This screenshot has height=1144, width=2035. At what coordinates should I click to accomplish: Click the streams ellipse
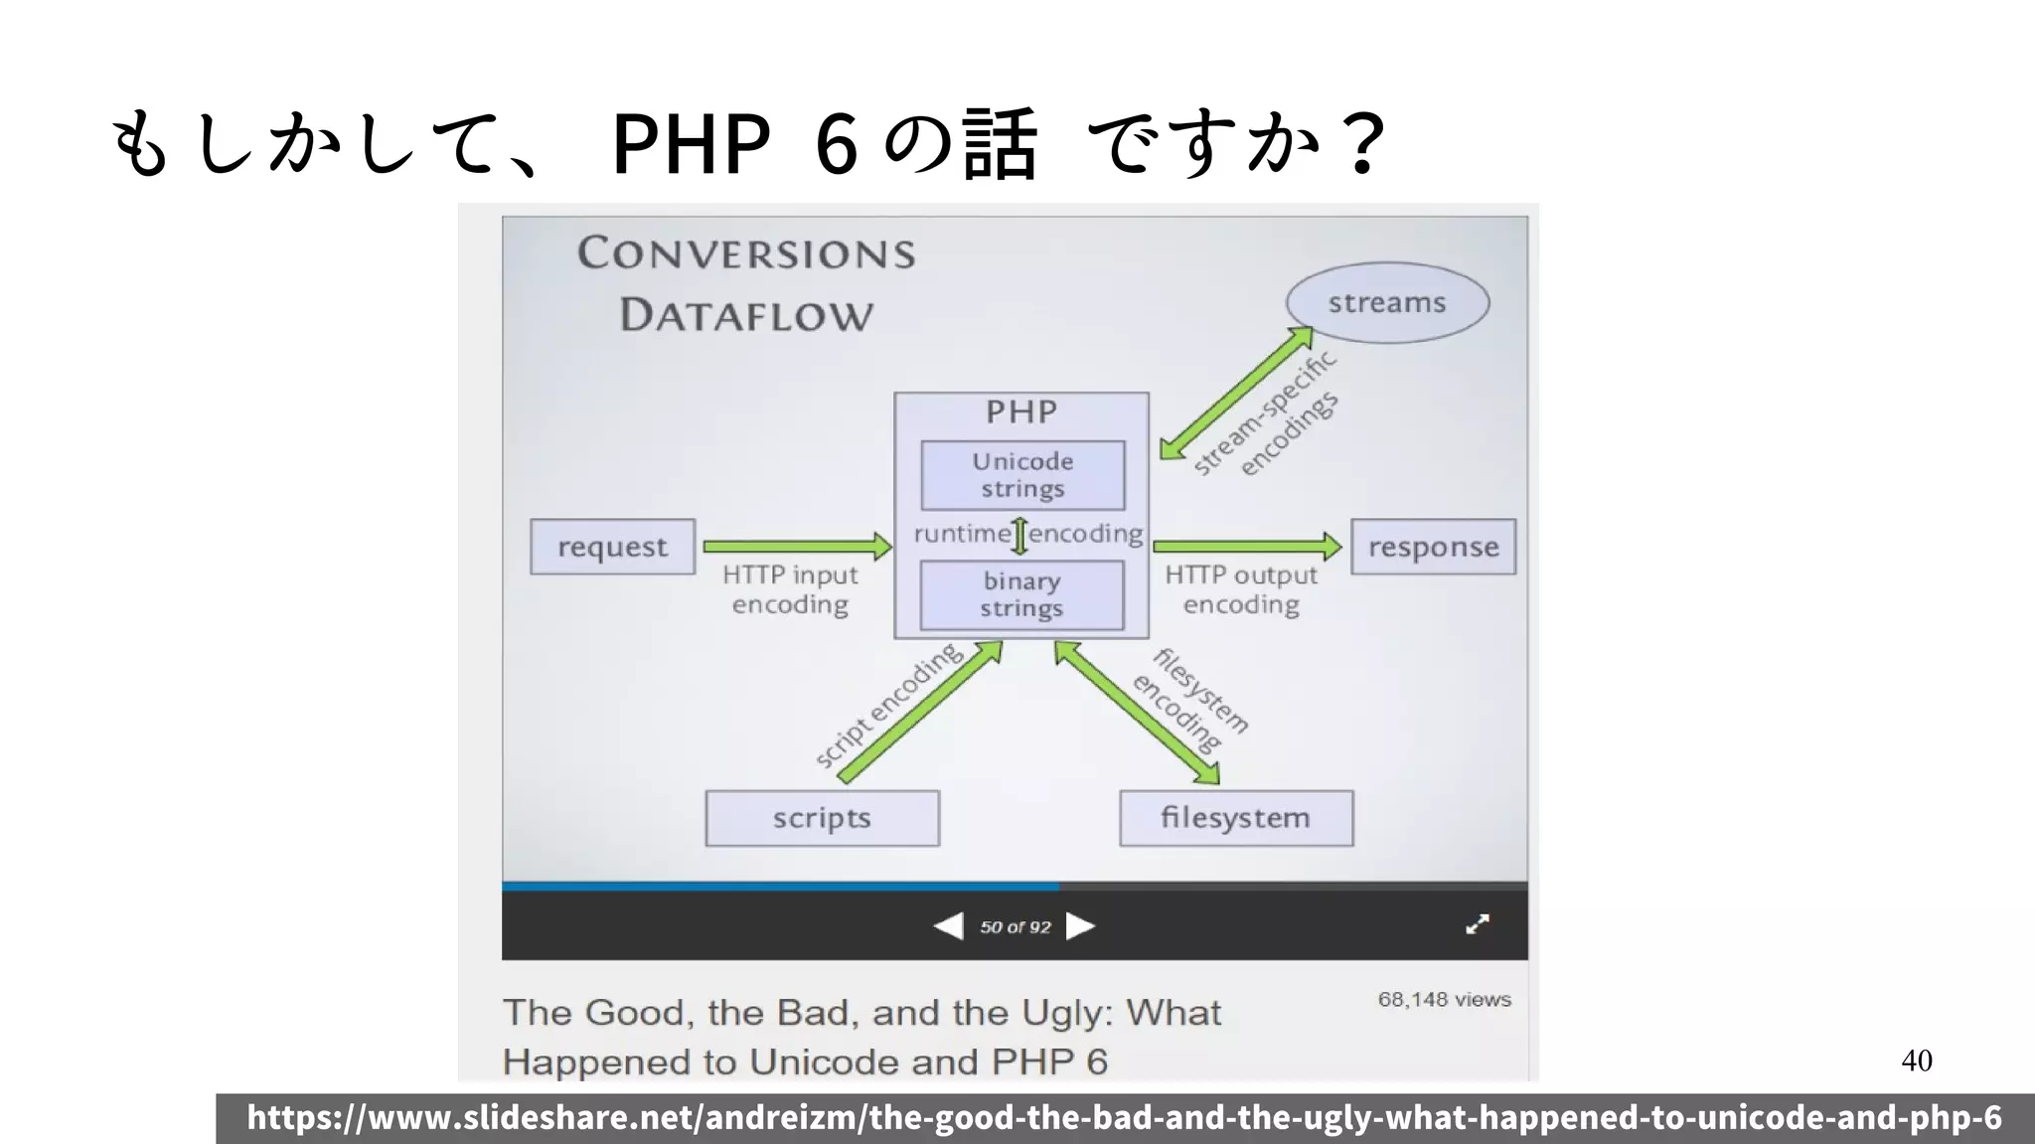(1387, 303)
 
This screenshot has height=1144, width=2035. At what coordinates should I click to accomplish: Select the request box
(612, 547)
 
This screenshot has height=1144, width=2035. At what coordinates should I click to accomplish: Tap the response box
(1433, 547)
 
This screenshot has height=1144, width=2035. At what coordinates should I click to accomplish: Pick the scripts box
(822, 818)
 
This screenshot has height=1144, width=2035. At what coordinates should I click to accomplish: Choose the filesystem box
(1235, 818)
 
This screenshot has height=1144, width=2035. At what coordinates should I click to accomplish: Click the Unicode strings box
(1022, 475)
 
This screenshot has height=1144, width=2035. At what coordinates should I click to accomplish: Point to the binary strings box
(1021, 594)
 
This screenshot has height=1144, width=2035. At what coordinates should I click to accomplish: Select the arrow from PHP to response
(1247, 546)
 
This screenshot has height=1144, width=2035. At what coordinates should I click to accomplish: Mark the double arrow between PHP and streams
(1236, 394)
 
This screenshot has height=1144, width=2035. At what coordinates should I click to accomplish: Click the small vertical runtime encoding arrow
(1019, 535)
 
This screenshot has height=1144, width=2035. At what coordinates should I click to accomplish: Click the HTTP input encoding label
(790, 589)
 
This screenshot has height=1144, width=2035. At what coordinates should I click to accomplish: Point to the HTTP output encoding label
(1241, 589)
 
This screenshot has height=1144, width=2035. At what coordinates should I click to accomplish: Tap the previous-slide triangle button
(949, 926)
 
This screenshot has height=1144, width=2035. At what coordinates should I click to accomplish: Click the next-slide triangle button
(1079, 926)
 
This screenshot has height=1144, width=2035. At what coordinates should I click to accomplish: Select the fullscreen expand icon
(1478, 925)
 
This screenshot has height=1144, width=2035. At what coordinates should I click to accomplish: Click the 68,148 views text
(1444, 1000)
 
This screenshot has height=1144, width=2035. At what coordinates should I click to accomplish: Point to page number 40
(1917, 1061)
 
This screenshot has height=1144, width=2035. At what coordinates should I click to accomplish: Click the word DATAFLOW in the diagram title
(746, 316)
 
